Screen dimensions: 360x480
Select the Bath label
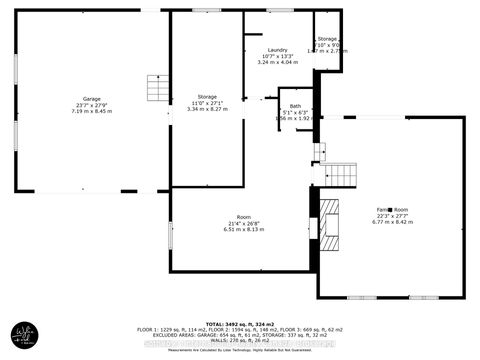coord(295,105)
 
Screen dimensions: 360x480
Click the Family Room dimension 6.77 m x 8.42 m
coord(392,222)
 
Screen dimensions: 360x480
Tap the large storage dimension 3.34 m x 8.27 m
coord(208,109)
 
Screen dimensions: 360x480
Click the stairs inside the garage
coord(157,88)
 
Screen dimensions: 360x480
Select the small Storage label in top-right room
coord(328,38)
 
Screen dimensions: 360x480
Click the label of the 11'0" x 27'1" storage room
coord(208,96)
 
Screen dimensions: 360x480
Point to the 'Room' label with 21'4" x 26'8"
coord(243,215)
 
